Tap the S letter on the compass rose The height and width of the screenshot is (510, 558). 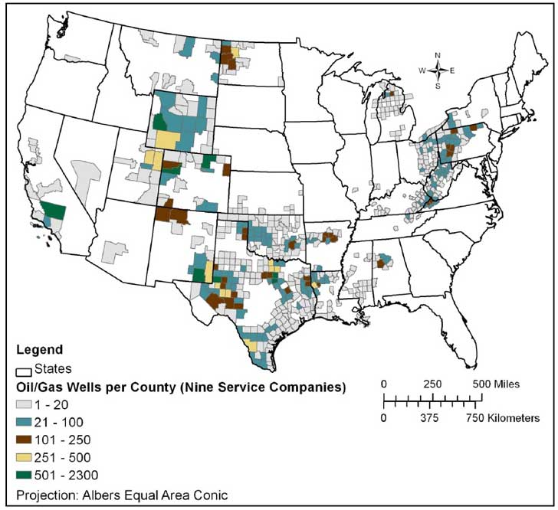tap(437, 86)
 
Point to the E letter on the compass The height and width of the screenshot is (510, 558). tap(452, 70)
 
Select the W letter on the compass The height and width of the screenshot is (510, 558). tap(421, 70)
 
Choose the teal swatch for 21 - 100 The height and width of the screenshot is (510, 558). tap(24, 423)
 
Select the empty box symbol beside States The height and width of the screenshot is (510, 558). tap(24, 370)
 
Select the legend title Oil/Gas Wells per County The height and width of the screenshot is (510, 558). tap(181, 387)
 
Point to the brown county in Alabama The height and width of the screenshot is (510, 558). tap(380, 264)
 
